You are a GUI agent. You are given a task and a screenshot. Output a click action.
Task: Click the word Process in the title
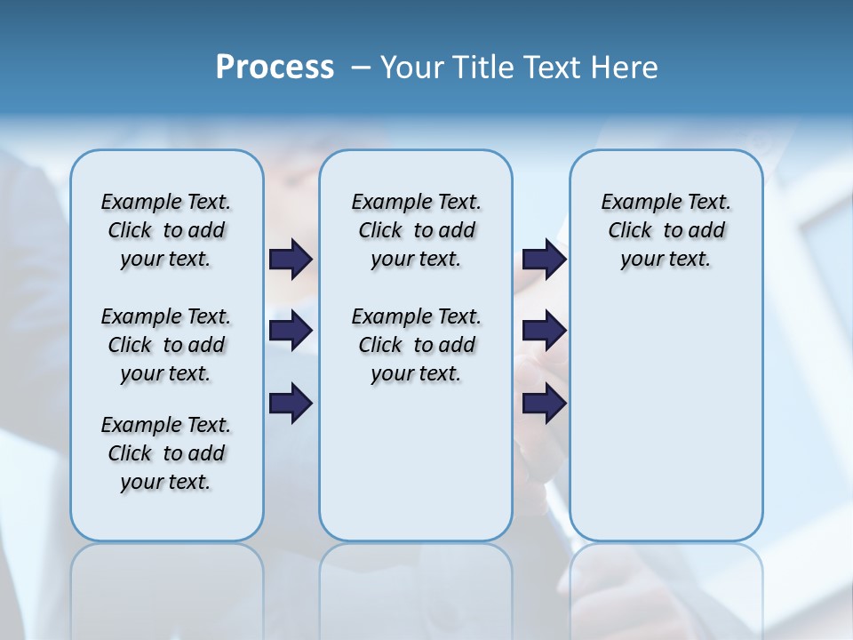coord(275,68)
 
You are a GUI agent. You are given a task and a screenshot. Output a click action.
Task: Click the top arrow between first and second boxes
coord(291,259)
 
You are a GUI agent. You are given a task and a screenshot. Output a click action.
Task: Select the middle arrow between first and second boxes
coord(291,331)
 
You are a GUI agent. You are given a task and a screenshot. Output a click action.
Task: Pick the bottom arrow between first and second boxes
coord(291,404)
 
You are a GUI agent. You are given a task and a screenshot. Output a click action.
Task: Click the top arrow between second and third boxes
coord(544,259)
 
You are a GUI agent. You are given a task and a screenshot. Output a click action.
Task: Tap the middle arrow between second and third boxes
coord(544,331)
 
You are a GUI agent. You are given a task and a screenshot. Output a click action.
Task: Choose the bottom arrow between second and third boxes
coord(544,404)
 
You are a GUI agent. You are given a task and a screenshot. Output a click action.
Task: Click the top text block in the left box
coord(166,230)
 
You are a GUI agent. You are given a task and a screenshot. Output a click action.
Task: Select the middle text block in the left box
coord(166,345)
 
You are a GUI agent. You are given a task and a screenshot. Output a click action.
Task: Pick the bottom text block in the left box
coord(166,453)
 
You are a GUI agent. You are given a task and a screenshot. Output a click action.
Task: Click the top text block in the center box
coord(416,230)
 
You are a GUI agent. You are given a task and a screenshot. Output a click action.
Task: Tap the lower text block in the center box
coord(416,345)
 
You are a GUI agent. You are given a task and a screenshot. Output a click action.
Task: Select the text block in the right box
coord(666,230)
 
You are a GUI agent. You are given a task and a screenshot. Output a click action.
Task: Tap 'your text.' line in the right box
coord(666,259)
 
